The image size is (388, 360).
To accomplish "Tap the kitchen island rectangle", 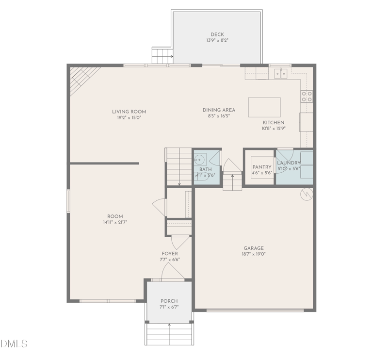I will (264, 107).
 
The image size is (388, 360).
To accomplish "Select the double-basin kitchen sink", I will (280, 74).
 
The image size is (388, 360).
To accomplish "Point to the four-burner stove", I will (307, 97).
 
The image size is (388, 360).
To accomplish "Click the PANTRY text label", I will (261, 167).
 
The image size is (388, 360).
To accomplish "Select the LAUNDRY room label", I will (289, 163).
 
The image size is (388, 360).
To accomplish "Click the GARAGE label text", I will (253, 248).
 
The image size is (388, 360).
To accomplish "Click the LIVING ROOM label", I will (129, 112).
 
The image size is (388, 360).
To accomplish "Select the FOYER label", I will (170, 254).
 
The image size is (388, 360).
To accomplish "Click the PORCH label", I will (169, 301).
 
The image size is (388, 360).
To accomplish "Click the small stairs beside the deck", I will (162, 54).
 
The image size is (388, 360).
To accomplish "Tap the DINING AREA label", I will (219, 110).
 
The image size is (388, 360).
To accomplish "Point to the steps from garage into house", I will (232, 181).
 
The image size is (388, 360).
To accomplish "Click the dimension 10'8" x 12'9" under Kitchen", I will (274, 129).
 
